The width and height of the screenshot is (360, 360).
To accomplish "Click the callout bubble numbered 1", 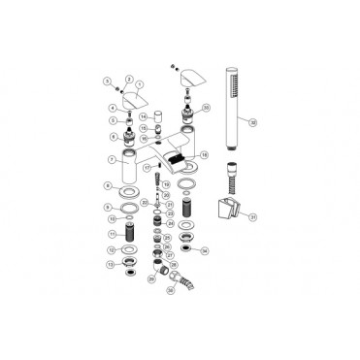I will (x=139, y=85).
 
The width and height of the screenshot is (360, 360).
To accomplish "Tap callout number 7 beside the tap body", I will (x=113, y=158).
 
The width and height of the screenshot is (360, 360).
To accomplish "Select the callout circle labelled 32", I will (x=252, y=123).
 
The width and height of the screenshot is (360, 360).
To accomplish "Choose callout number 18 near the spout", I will (x=204, y=154).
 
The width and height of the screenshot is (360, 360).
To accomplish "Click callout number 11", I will (x=113, y=234).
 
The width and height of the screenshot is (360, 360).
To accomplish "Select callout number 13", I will (x=113, y=263).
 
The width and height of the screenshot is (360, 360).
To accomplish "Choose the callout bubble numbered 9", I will (x=113, y=208).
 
